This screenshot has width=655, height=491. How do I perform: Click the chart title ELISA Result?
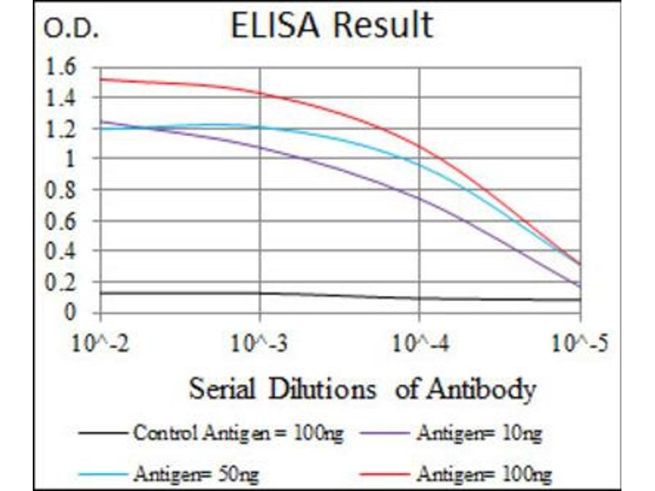[x=331, y=25]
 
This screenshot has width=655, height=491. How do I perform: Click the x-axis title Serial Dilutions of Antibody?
[x=362, y=388]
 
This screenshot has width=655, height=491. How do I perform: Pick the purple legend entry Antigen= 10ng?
[x=478, y=434]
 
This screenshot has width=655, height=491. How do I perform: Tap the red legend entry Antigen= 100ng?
[x=483, y=472]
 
